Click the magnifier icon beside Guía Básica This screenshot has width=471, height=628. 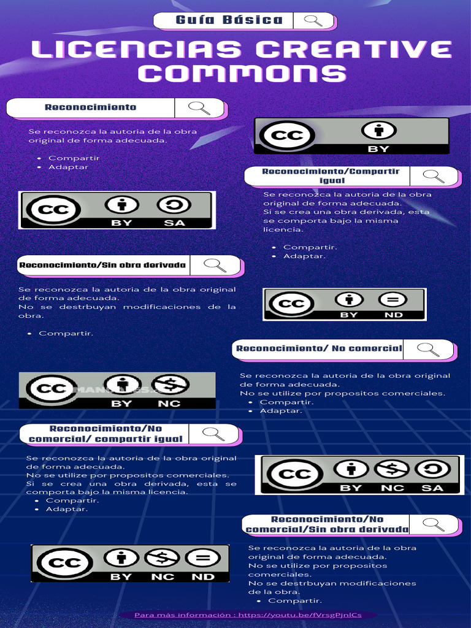pyautogui.click(x=313, y=20)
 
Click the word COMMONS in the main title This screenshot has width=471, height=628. pyautogui.click(x=242, y=73)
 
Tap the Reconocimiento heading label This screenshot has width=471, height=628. pyautogui.click(x=91, y=107)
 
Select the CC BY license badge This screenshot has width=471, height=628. pyautogui.click(x=351, y=136)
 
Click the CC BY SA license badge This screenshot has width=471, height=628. pyautogui.click(x=117, y=210)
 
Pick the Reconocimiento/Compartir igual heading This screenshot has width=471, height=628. pyautogui.click(x=331, y=176)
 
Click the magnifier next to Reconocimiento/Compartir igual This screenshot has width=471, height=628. pyautogui.click(x=434, y=176)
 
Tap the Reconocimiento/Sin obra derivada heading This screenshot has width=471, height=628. pyautogui.click(x=102, y=266)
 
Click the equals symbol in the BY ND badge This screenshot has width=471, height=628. pyautogui.click(x=392, y=300)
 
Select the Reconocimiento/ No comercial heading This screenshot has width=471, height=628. pyautogui.click(x=319, y=348)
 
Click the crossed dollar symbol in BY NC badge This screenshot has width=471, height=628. pyautogui.click(x=170, y=385)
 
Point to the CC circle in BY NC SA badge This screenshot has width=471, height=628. pyautogui.click(x=294, y=474)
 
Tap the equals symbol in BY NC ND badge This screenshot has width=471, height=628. pyautogui.click(x=202, y=558)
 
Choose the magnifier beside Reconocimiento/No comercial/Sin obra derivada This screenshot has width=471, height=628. pyautogui.click(x=434, y=524)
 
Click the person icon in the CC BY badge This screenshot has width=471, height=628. pyautogui.click(x=378, y=131)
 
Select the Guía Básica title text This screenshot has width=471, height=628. pyautogui.click(x=229, y=20)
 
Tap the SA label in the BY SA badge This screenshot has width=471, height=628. pyautogui.click(x=174, y=223)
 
